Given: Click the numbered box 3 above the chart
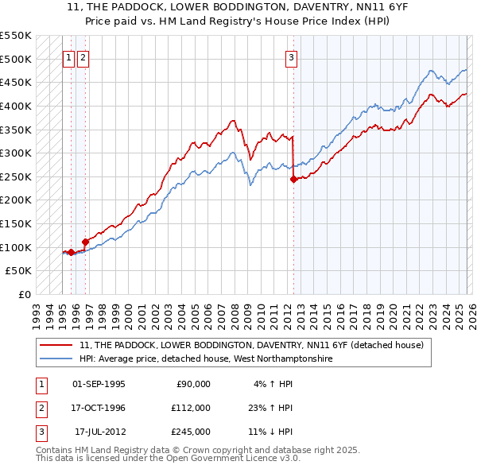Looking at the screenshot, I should click(292, 57).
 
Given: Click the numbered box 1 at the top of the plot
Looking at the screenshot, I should click(69, 57).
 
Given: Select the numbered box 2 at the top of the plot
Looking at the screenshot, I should click(83, 57).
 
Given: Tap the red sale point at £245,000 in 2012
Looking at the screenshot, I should click(293, 179).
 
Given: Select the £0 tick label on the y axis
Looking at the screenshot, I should click(24, 295).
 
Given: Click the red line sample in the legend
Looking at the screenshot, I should click(57, 345).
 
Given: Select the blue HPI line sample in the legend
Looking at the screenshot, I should click(57, 359).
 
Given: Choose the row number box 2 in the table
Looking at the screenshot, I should click(41, 408).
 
